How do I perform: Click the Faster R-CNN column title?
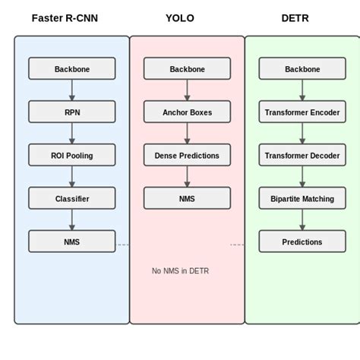[x=65, y=18]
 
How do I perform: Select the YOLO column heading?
[x=180, y=18]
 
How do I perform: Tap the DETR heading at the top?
[x=295, y=18]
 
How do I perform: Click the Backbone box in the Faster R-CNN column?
[x=72, y=69]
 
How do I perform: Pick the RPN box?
[x=72, y=112]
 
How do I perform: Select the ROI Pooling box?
[x=72, y=156]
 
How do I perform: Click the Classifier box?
[x=72, y=199]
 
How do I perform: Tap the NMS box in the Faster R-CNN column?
[x=72, y=242]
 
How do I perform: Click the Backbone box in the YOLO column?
[x=187, y=69]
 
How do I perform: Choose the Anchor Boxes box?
[x=187, y=112]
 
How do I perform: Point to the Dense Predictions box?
[x=187, y=156]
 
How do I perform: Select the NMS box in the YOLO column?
[x=187, y=199]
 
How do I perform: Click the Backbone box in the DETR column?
[x=302, y=69]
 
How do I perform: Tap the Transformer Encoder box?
[x=302, y=112]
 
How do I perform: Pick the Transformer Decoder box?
[x=302, y=156]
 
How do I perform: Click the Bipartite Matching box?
[x=302, y=199]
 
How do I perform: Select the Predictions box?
[x=302, y=242]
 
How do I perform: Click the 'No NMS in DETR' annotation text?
[x=180, y=271]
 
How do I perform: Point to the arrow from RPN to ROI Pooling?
[x=72, y=134]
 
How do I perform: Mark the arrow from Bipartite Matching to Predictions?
[x=302, y=220]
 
